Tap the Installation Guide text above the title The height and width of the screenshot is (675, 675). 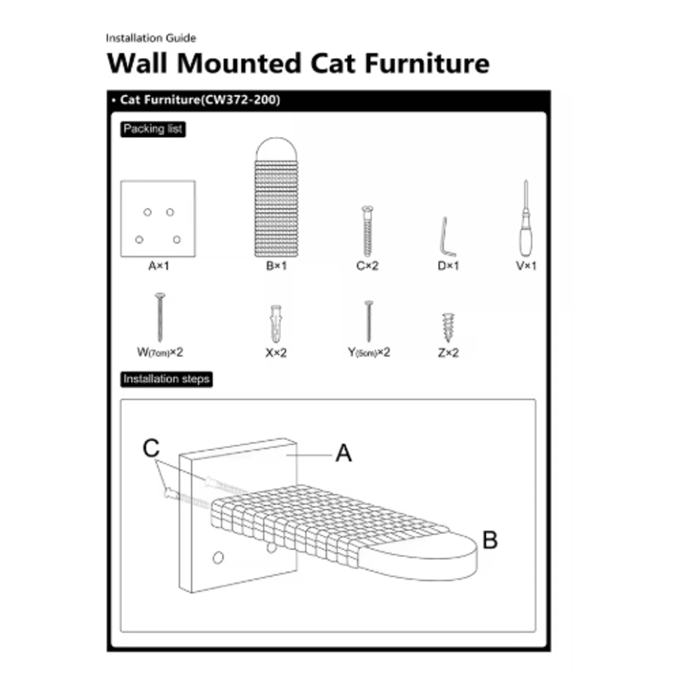(x=151, y=38)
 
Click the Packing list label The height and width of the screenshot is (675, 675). (x=153, y=129)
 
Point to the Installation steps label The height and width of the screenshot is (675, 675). (x=166, y=379)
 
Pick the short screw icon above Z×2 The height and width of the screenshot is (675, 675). (x=446, y=327)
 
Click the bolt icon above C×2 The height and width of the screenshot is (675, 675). (x=367, y=232)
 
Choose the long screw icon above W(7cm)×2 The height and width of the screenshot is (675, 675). (x=161, y=317)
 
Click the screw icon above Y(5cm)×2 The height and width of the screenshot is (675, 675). (x=369, y=321)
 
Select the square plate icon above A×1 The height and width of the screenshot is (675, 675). (x=158, y=218)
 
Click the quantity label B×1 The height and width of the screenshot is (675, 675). (x=277, y=266)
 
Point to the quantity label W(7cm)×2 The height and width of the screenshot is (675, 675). (x=161, y=352)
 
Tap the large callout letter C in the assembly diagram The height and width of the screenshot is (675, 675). (x=152, y=448)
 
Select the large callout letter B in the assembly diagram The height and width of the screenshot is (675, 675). (x=490, y=540)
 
